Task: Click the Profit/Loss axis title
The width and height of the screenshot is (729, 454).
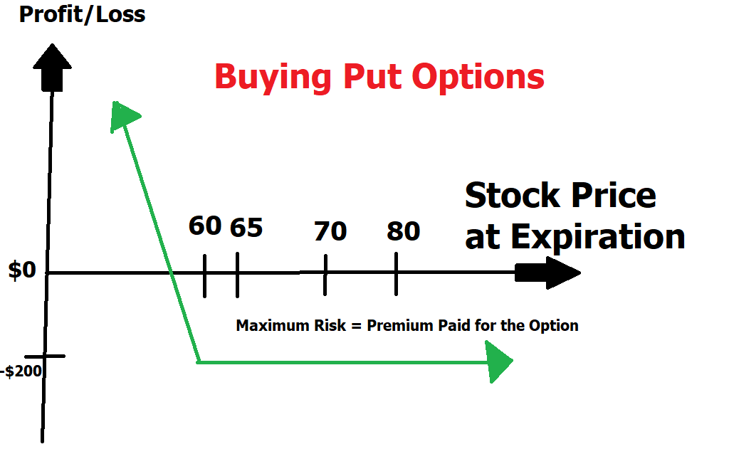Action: coord(83,14)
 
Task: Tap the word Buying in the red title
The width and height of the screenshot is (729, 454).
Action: coord(273,77)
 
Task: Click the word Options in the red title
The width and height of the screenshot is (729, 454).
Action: coord(478,77)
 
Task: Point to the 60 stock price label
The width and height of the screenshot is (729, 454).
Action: coord(205,226)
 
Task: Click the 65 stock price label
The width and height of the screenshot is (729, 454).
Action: coord(246,228)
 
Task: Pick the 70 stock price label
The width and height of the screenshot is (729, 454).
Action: coord(330,231)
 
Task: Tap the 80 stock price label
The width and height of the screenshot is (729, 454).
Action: coord(404,231)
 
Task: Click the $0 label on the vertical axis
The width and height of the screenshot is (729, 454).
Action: coord(22,270)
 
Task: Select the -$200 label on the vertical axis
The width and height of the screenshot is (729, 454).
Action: coord(21,371)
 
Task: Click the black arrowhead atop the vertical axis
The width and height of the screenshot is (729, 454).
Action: coord(52,68)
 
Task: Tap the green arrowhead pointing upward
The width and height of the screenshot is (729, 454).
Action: coord(123,116)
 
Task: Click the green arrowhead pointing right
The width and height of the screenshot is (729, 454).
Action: coord(498,361)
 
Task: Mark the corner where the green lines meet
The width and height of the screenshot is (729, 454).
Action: coord(199,361)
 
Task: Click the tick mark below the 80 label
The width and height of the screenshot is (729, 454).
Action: coord(396,274)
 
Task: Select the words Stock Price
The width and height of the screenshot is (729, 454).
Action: coord(561,195)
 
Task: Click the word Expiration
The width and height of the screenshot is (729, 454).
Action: coord(598,238)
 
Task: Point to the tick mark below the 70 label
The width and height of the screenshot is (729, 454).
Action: coord(325,275)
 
